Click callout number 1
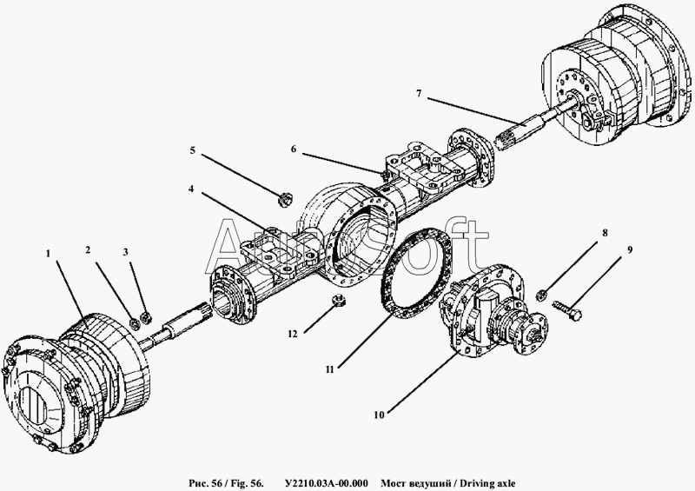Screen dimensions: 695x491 coord(48,253)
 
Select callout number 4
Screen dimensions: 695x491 coord(191,189)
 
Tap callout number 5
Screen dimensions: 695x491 coord(192,150)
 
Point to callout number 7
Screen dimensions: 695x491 coord(419,93)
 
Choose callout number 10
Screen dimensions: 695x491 coord(379,415)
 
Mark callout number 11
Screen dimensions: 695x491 coord(329,369)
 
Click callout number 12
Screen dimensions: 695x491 coord(293,334)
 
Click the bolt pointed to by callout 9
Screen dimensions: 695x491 coord(567,309)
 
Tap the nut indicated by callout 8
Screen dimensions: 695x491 coord(540,294)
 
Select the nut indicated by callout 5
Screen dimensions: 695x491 coord(284,200)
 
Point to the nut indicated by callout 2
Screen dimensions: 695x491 coord(136,323)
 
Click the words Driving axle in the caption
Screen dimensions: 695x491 coord(487,483)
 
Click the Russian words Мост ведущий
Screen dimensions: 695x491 coord(416,483)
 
